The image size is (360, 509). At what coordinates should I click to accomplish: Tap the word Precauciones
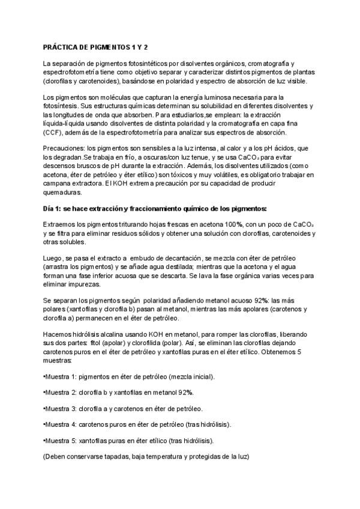(x=64, y=149)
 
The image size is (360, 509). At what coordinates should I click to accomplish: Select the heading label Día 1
(x=53, y=208)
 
